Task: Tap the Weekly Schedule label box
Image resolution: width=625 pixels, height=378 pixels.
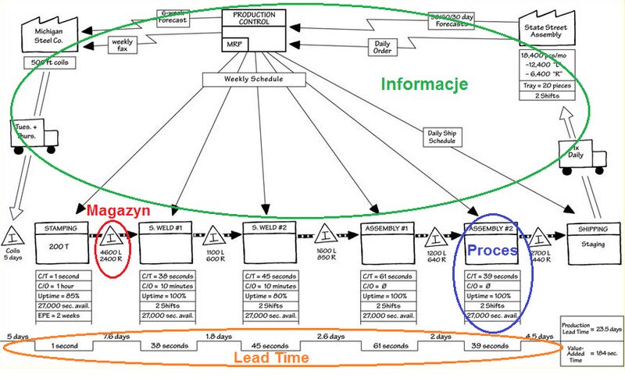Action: click(253, 79)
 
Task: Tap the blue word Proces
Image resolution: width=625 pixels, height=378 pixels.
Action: click(492, 251)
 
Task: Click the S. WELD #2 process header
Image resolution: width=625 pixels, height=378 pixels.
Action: click(270, 228)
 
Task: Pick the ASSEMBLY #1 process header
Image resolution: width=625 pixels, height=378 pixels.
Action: click(387, 228)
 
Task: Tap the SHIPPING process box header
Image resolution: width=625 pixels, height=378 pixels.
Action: click(594, 228)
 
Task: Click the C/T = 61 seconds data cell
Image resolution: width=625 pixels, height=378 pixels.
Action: click(387, 276)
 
